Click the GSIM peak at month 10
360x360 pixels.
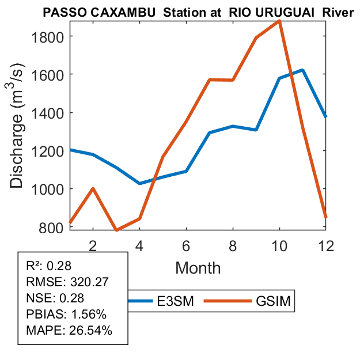279,21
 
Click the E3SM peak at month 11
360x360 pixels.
302,70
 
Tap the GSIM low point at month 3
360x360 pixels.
116,230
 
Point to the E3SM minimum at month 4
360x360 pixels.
139,183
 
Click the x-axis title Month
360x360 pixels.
198,268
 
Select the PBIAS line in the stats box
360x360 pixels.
60,314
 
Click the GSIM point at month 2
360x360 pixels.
93,189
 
